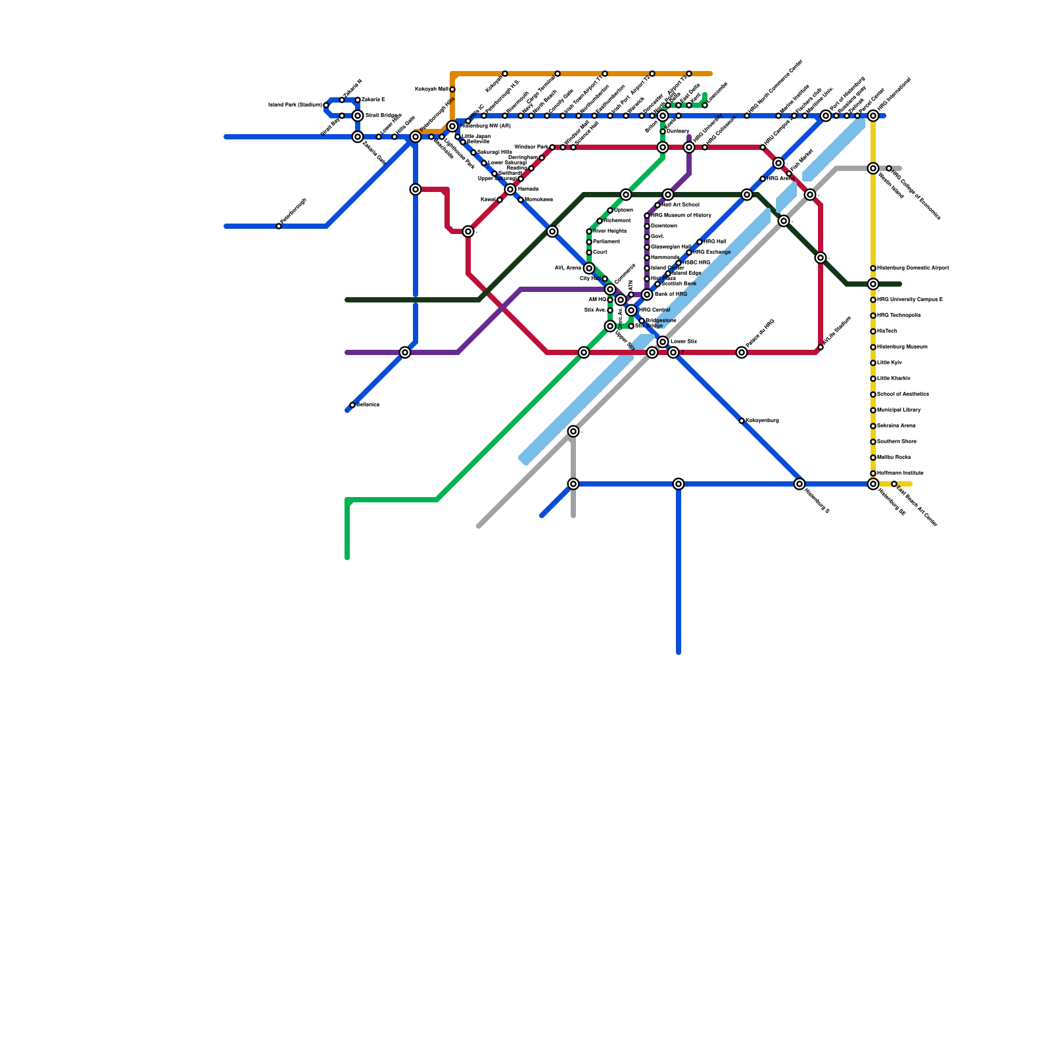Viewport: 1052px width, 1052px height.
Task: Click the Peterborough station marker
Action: click(279, 226)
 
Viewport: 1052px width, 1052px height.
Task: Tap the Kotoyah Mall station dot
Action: click(452, 89)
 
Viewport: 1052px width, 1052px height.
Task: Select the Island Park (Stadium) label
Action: click(295, 105)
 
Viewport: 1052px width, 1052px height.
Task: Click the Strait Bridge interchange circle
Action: click(358, 116)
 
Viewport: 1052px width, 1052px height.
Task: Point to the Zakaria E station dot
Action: click(358, 100)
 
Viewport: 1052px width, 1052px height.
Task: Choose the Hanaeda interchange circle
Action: click(510, 189)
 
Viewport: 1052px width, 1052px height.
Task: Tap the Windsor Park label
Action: click(531, 147)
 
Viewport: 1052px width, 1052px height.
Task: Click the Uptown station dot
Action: click(610, 210)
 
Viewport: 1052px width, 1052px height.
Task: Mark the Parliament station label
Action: click(606, 242)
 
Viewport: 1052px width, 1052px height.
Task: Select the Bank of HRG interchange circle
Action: click(647, 295)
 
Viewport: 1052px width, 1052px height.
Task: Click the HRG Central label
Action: click(655, 310)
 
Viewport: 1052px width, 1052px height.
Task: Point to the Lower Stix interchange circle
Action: click(663, 342)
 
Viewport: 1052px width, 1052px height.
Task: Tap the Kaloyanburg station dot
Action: click(742, 421)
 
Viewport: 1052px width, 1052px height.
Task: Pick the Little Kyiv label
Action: click(890, 363)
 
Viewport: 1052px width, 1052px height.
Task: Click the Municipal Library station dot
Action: click(873, 410)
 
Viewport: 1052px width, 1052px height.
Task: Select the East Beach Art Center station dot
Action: click(894, 484)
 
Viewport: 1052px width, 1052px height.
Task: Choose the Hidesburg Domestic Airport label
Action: click(913, 268)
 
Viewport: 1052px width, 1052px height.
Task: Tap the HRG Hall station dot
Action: click(700, 242)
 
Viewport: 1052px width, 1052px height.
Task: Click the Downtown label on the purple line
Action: click(664, 226)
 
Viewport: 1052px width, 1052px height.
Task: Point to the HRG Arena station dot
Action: click(763, 179)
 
